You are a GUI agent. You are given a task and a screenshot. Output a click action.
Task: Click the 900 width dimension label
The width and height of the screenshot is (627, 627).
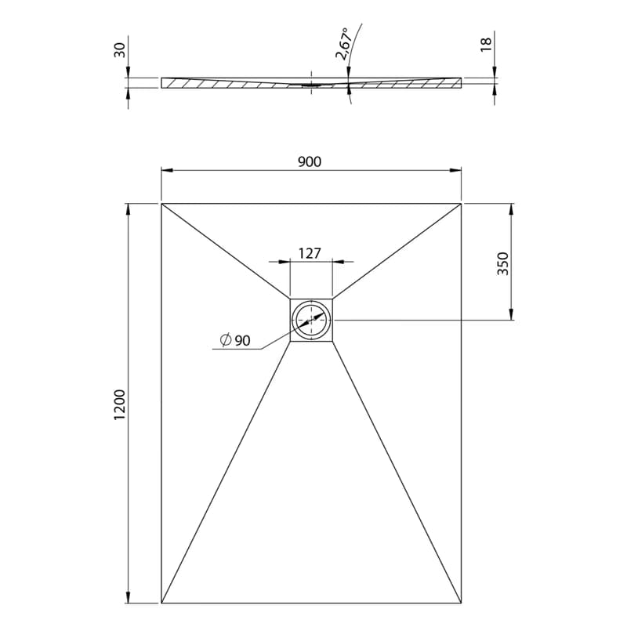pos(310,161)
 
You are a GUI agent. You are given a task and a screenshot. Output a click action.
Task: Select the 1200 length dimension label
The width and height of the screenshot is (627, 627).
pos(120,404)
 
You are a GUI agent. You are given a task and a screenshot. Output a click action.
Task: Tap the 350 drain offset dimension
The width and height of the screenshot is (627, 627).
pos(502,263)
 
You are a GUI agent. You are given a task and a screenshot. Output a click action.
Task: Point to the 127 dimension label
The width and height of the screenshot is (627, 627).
pos(310,253)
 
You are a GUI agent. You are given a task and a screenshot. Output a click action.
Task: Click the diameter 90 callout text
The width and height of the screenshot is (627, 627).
pos(236,340)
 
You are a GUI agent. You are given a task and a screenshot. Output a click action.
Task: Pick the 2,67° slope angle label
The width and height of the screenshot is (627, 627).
pos(344,44)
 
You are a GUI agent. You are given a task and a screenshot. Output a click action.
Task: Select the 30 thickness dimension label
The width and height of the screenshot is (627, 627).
pos(120,49)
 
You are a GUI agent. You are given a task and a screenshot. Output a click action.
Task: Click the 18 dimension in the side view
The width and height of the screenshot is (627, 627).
pos(485,44)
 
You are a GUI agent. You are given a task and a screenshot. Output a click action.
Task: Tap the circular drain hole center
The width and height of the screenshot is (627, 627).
pos(311,321)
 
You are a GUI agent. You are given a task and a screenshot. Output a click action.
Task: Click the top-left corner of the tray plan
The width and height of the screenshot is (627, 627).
pos(161,204)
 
